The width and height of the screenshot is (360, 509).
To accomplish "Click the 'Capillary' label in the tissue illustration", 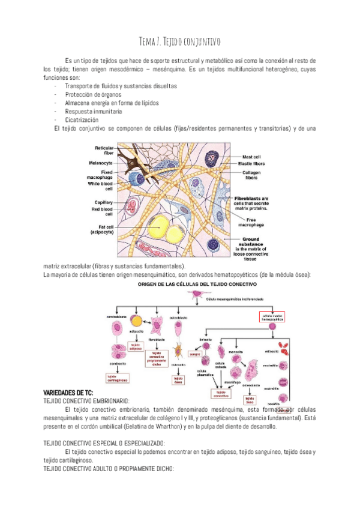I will [100, 202].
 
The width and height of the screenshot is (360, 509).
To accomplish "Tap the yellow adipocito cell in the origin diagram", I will [137, 322].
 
